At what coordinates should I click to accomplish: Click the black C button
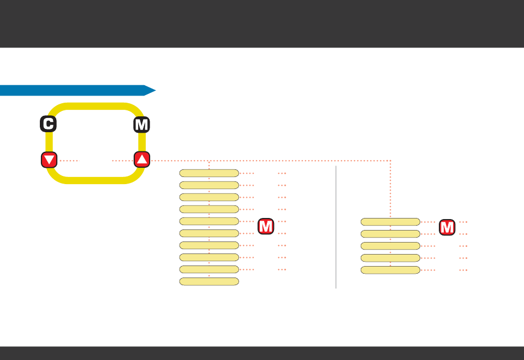coord(48,125)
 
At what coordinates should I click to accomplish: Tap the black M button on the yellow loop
coord(141,125)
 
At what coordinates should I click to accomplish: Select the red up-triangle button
coord(142,160)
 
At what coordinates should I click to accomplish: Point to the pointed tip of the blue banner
coord(154,90)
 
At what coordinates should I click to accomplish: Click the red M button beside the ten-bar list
coord(266,226)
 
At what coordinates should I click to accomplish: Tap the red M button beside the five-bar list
coord(447,227)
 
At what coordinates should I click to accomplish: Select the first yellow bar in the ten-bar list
coord(209,173)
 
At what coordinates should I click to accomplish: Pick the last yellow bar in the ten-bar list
coord(209,281)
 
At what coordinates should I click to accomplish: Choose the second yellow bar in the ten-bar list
coord(209,185)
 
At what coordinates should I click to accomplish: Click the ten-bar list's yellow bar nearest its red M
coord(209,221)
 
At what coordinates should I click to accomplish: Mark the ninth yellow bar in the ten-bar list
coord(209,269)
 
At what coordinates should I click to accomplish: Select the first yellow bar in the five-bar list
coord(390,222)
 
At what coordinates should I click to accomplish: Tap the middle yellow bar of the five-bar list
coord(390,246)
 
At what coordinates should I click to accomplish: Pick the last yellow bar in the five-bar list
coord(390,270)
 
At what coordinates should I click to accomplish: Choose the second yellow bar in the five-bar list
coord(390,234)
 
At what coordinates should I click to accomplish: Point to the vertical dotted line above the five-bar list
coord(390,188)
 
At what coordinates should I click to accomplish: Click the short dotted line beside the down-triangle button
coord(69,161)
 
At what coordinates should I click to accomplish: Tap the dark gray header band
coord(262,23)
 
